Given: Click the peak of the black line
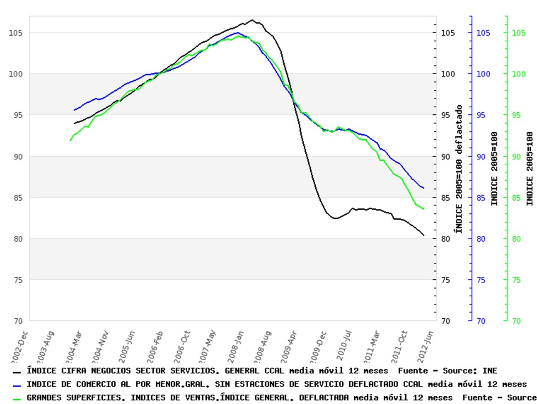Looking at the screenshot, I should (x=252, y=20).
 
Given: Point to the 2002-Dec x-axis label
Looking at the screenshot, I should (x=20, y=344).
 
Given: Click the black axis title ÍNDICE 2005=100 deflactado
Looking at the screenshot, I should (x=459, y=168).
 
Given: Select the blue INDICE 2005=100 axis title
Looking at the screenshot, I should (x=495, y=168).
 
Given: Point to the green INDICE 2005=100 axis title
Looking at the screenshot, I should (x=530, y=168).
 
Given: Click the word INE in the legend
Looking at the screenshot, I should (x=490, y=371).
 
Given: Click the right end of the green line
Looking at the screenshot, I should (x=423, y=209).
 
